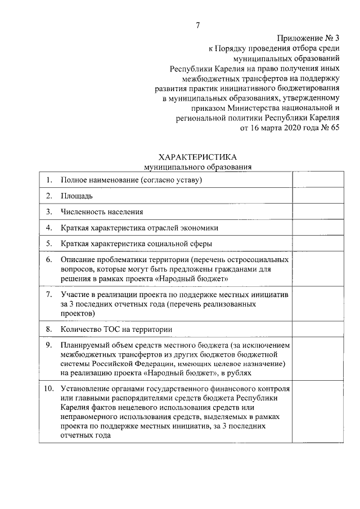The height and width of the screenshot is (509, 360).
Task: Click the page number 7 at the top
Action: pyautogui.click(x=197, y=24)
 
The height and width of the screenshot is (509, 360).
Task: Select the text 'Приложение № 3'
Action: pyautogui.click(x=309, y=38)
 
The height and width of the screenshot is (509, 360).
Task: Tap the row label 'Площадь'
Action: pyautogui.click(x=77, y=196)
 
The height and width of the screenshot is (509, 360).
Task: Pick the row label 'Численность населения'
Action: pyautogui.click(x=102, y=212)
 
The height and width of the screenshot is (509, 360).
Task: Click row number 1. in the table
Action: pyautogui.click(x=49, y=180)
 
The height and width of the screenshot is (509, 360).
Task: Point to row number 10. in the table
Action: pyautogui.click(x=49, y=388)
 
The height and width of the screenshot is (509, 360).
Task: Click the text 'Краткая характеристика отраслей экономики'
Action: pyautogui.click(x=139, y=228)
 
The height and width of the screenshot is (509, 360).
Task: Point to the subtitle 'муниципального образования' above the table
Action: pyautogui.click(x=197, y=166)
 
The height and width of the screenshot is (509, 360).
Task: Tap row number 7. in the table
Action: pyautogui.click(x=49, y=295)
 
